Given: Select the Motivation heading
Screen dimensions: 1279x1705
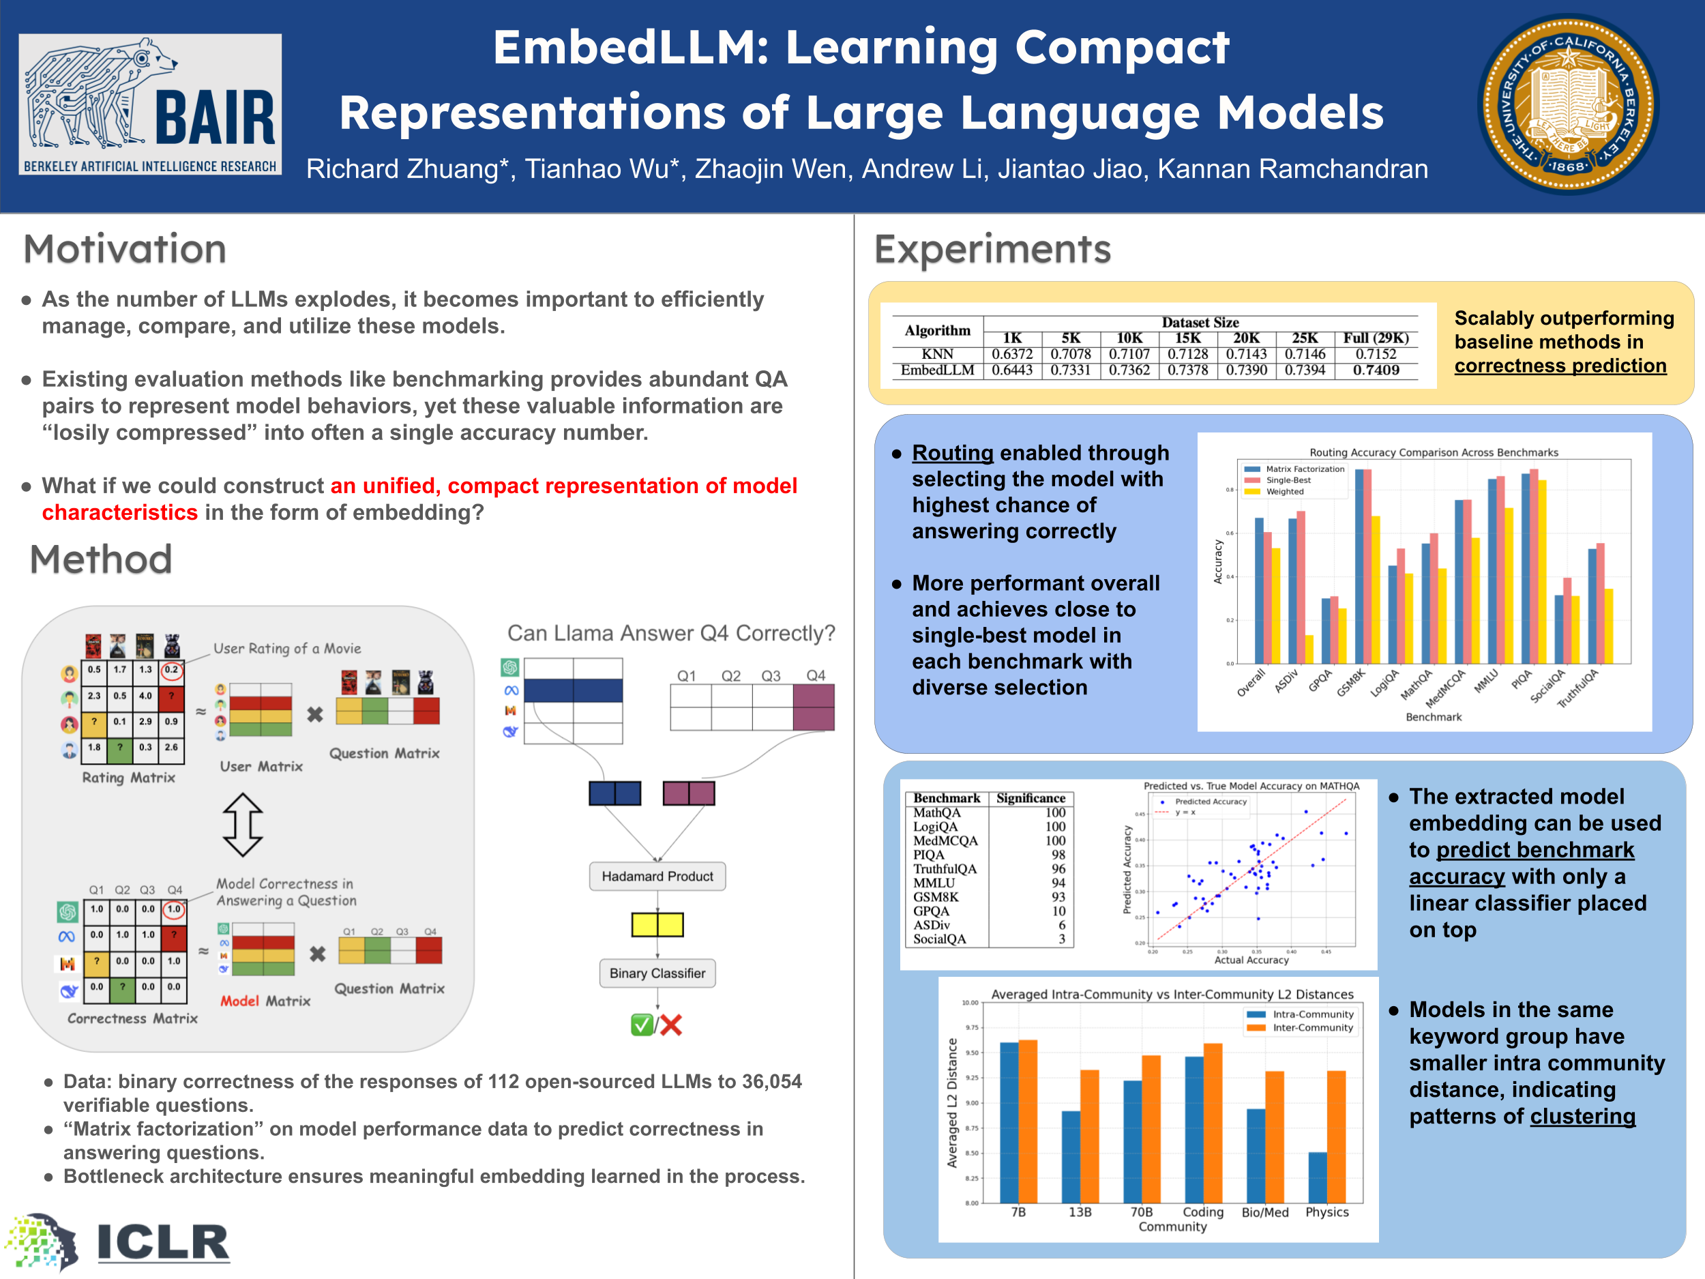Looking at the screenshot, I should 125,249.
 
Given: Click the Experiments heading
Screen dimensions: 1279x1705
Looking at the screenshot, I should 992,249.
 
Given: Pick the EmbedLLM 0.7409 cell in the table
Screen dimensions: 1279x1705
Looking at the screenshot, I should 1375,370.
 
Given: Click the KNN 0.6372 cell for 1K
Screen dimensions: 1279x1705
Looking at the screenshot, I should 1011,354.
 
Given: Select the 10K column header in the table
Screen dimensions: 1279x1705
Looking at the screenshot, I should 1129,338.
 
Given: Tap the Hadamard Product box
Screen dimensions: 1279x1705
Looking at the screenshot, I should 657,877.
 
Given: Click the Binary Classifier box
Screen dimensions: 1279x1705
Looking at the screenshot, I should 657,973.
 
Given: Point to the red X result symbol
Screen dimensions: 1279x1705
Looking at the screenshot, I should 671,1025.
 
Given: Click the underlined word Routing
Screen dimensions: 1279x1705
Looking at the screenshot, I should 952,454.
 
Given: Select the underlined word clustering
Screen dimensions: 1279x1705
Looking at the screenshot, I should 1582,1117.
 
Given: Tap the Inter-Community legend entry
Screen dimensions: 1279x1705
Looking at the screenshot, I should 1312,1028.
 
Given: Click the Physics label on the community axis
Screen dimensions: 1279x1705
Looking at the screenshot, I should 1326,1212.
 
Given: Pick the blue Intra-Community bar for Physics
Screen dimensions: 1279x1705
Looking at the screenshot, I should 1318,1177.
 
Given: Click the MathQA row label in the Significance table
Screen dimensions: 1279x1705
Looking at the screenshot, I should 936,812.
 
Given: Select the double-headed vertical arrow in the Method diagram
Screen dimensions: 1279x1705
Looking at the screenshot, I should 243,825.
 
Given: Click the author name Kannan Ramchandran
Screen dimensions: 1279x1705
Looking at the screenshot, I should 1292,169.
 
